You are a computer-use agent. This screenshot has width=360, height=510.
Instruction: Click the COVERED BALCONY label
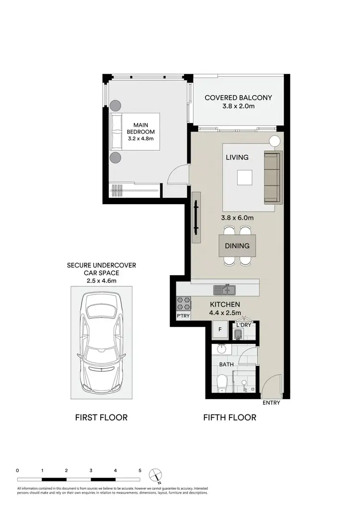238,97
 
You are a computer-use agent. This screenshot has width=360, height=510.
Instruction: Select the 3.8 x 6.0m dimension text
237,218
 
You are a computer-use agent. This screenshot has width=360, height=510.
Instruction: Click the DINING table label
237,246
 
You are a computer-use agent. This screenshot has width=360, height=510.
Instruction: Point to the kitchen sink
225,289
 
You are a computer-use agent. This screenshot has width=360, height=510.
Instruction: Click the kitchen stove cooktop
184,303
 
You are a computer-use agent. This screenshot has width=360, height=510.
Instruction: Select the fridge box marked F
220,330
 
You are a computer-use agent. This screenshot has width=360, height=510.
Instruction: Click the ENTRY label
271,403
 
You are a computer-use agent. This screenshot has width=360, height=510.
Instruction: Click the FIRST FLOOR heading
101,417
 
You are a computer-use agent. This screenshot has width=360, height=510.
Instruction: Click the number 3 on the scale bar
91,471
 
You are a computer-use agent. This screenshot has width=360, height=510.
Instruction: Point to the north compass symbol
155,474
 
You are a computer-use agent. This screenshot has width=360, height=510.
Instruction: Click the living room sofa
273,177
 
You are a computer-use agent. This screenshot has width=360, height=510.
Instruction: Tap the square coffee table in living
244,178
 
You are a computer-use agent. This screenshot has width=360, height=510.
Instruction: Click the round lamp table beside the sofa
274,141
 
